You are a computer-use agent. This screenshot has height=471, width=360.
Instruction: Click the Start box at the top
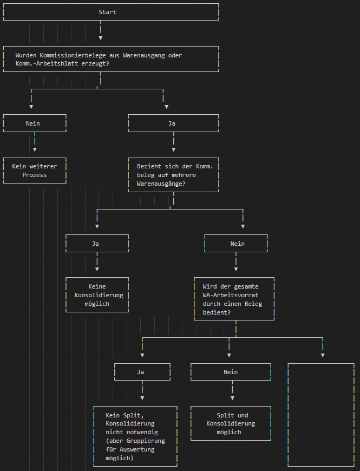pyautogui.click(x=107, y=12)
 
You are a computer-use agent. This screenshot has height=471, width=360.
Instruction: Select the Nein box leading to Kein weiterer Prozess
pyautogui.click(x=33, y=123)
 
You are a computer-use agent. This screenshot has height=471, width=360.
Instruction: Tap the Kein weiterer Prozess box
pyautogui.click(x=35, y=171)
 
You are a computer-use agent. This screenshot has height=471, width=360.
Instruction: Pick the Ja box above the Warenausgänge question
pyautogui.click(x=172, y=123)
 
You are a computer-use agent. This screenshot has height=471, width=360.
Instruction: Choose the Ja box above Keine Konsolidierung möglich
pyautogui.click(x=96, y=244)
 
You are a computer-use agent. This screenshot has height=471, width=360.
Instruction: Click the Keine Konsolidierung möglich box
pyautogui.click(x=97, y=295)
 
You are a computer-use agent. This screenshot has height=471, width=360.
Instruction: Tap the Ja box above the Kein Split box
pyautogui.click(x=141, y=372)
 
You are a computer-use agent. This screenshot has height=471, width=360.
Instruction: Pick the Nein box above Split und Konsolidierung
pyautogui.click(x=231, y=372)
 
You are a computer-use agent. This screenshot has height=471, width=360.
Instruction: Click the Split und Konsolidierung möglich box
pyautogui.click(x=231, y=423)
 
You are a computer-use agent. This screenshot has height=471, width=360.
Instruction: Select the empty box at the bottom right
pyautogui.click(x=321, y=415)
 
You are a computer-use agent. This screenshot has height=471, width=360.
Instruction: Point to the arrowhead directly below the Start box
pyautogui.click(x=101, y=38)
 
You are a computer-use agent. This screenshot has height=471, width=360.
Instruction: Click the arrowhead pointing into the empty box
pyautogui.click(x=323, y=355)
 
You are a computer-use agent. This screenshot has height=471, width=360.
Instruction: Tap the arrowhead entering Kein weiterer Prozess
pyautogui.click(x=35, y=149)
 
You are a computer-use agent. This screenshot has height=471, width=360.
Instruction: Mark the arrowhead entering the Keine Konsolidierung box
pyautogui.click(x=97, y=269)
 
